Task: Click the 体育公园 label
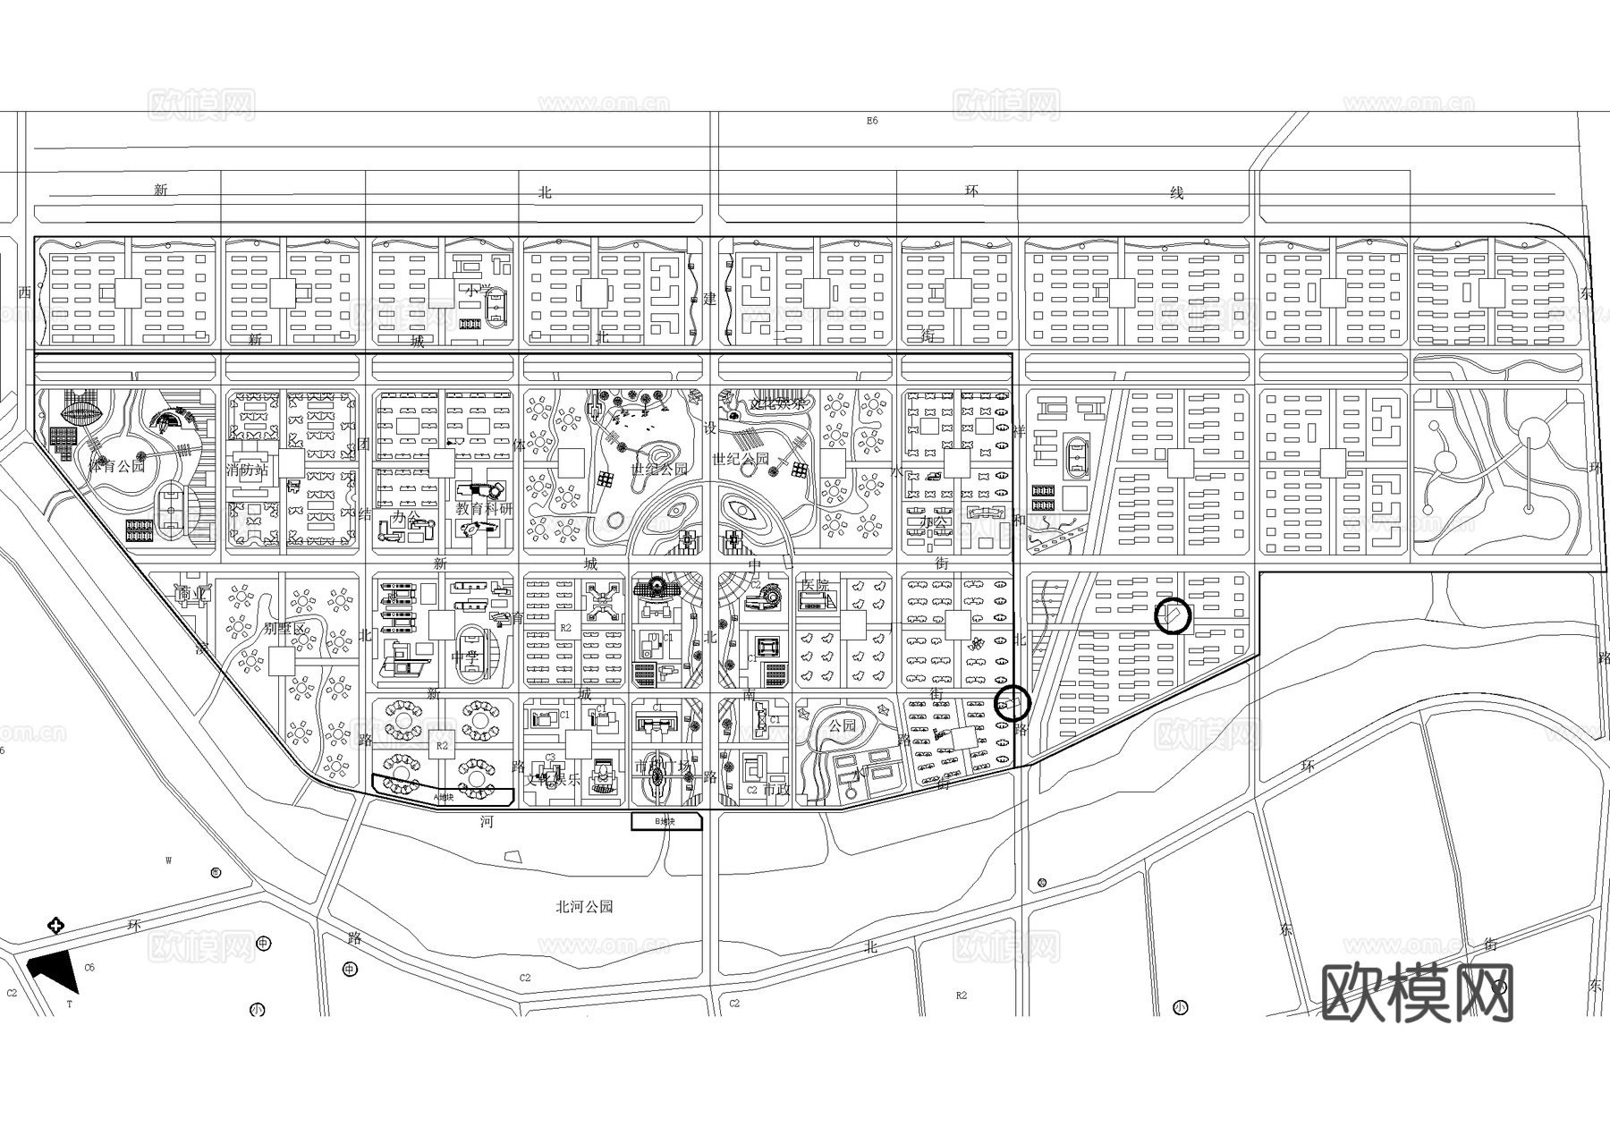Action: [117, 466]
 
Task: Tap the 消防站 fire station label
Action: [248, 469]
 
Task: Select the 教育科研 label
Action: [484, 508]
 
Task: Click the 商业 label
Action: [191, 593]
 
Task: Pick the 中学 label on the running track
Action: [465, 657]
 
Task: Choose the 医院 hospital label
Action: [815, 585]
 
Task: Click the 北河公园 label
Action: [584, 906]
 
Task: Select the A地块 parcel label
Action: [444, 795]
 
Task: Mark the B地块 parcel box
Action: [666, 821]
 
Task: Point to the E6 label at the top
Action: [872, 120]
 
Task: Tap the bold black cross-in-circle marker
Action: [55, 925]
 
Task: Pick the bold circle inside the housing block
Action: [1174, 615]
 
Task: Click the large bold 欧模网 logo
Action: [1417, 993]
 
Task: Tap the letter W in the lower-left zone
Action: [168, 861]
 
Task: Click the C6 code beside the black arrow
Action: [89, 967]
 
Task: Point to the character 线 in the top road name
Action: [1177, 192]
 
